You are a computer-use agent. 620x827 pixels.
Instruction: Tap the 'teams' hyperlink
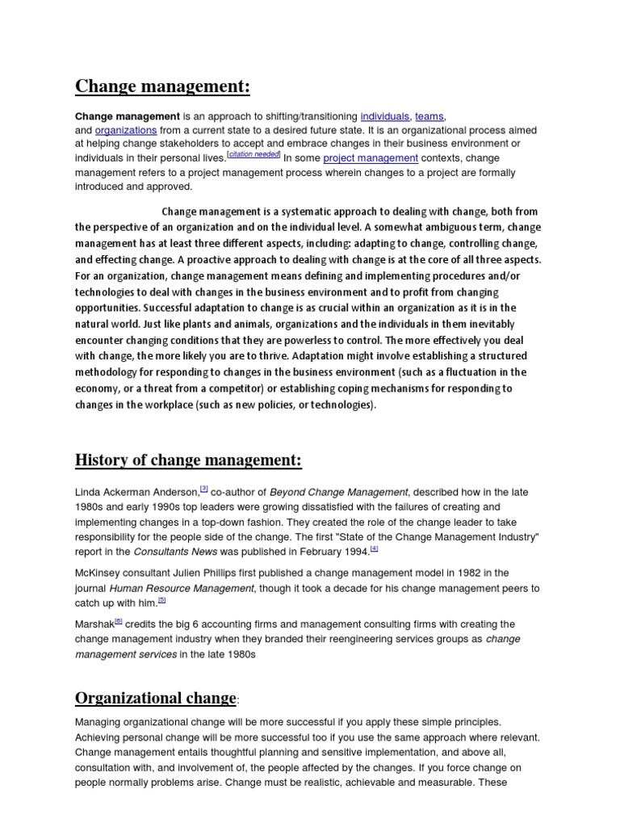coord(429,116)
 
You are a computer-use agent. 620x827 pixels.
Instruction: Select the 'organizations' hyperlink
coord(125,130)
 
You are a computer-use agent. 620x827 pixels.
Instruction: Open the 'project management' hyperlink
coord(371,158)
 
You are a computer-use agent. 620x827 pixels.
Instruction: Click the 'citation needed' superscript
coord(254,154)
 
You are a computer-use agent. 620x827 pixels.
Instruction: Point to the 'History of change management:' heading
coord(188,460)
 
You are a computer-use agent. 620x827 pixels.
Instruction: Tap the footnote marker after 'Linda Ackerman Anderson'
coord(204,488)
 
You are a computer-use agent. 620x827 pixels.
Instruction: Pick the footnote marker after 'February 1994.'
coord(374,548)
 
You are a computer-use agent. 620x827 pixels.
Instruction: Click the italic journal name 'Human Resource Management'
coord(182,588)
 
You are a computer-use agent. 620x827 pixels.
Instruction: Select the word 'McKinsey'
coord(98,573)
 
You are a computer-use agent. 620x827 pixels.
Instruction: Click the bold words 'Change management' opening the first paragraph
coord(128,116)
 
